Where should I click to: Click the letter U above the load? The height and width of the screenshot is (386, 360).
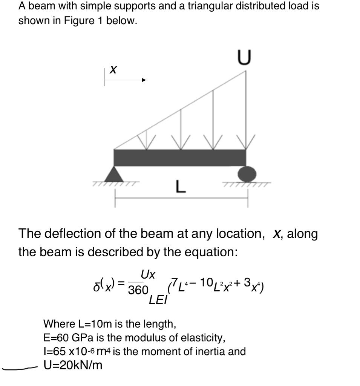point(244,58)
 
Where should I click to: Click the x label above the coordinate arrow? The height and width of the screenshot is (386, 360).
point(112,69)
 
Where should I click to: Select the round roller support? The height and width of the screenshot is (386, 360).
point(247,174)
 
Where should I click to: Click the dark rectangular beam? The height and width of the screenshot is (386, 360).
point(180,158)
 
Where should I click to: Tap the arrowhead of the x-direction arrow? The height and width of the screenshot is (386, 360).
point(143,80)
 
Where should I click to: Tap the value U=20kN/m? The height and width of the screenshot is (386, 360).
point(73,365)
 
